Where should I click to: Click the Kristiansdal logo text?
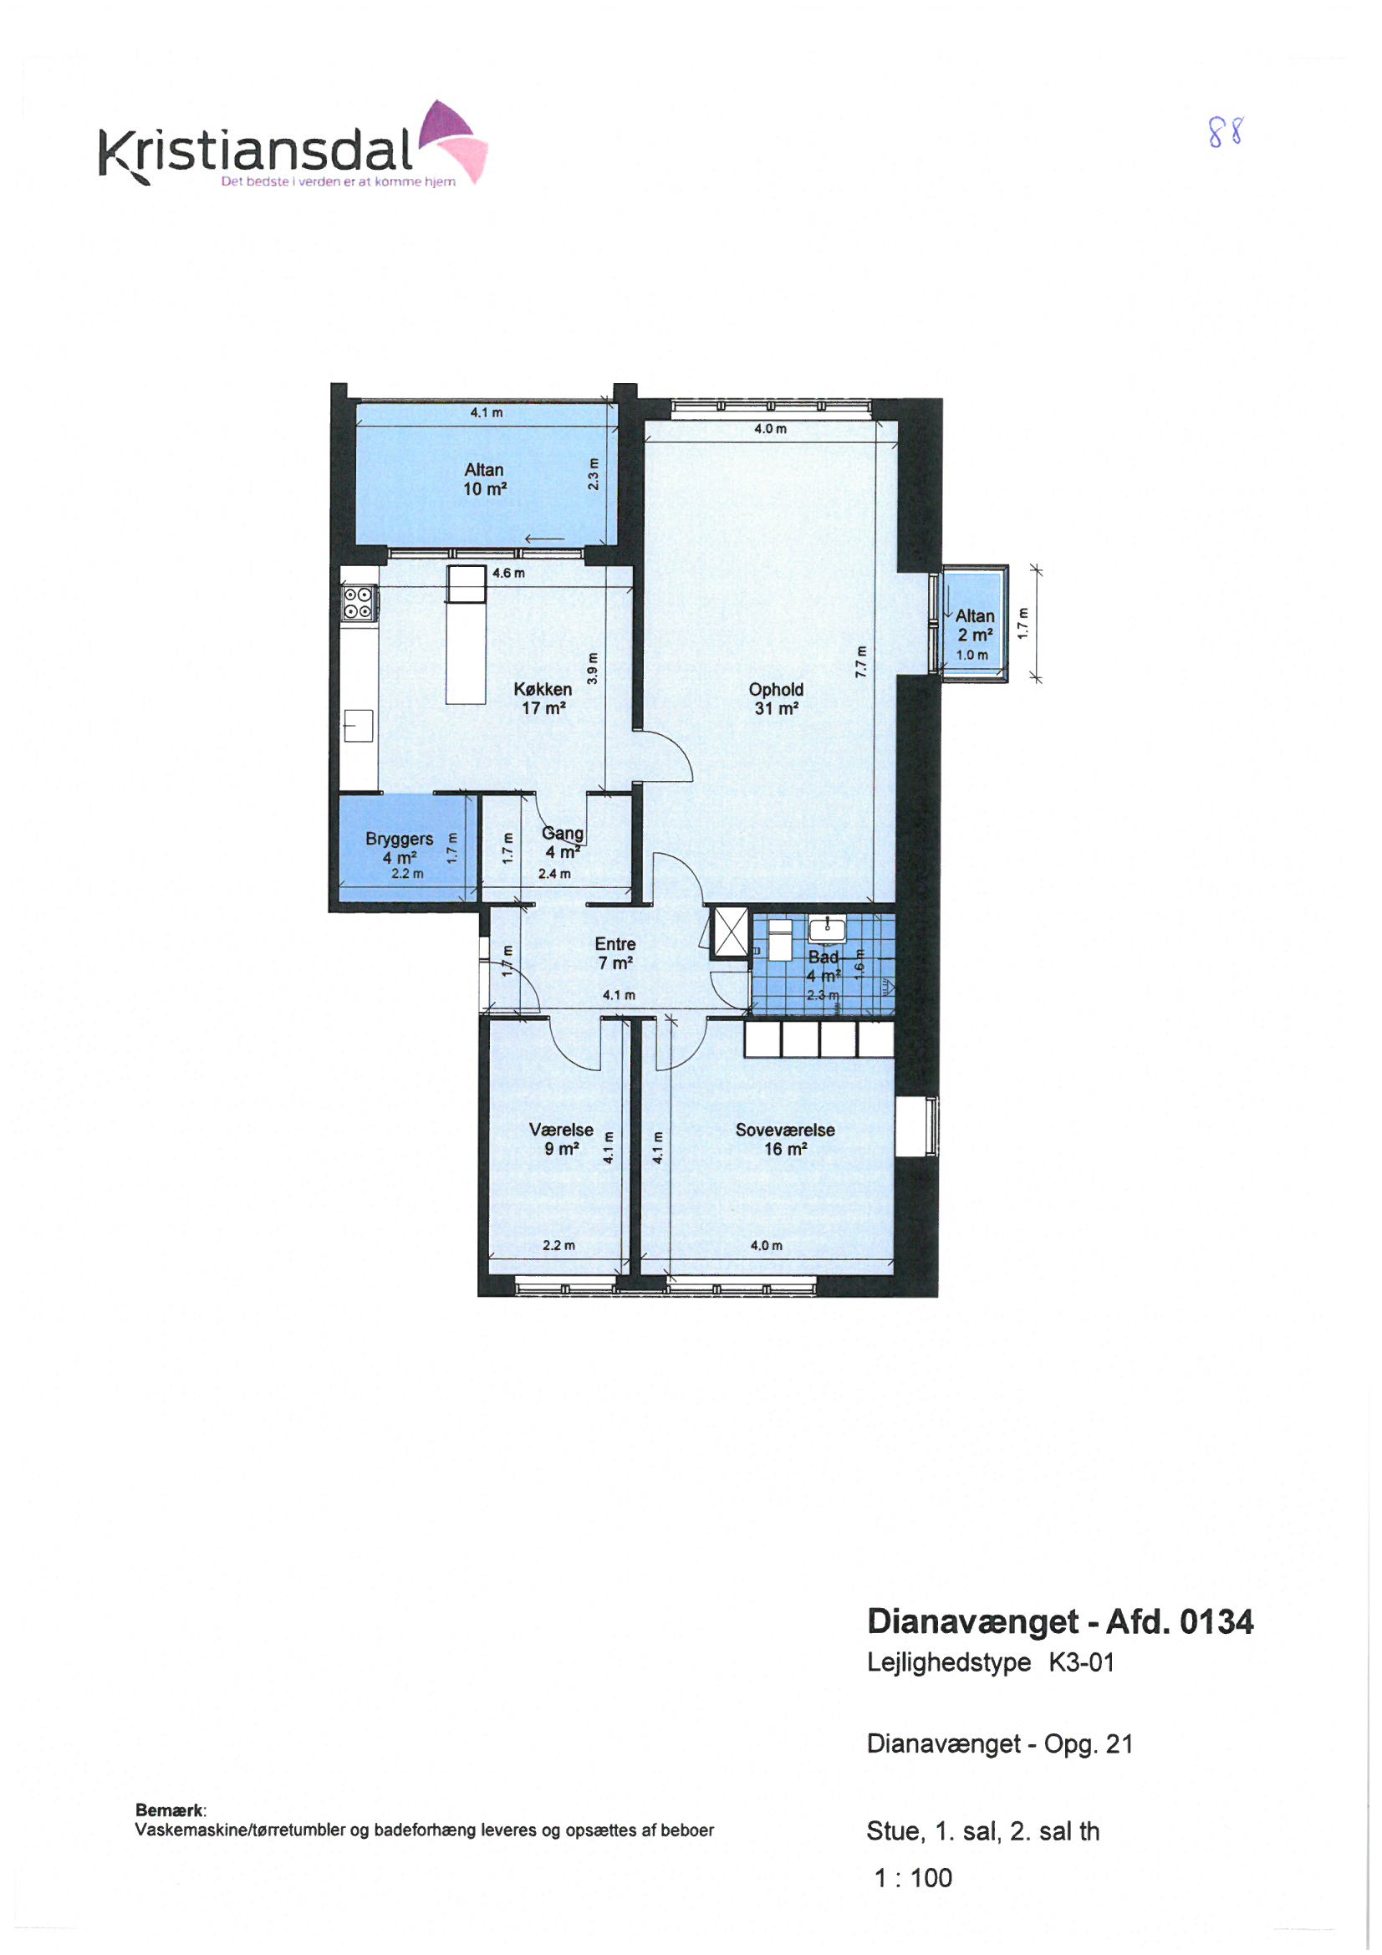coord(257,152)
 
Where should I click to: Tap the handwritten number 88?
coord(1226,133)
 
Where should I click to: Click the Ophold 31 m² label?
coord(776,698)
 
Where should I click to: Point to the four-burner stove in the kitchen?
coord(358,603)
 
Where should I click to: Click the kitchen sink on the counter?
coord(359,727)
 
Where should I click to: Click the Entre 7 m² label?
coord(615,953)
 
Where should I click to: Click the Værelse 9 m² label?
coord(561,1139)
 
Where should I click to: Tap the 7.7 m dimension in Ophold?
coord(861,661)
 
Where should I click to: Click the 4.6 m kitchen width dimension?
coord(508,573)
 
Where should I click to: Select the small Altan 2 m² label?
coord(975,625)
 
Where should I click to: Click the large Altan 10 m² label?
coord(485,479)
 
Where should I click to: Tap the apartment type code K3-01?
coord(1081,1663)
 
